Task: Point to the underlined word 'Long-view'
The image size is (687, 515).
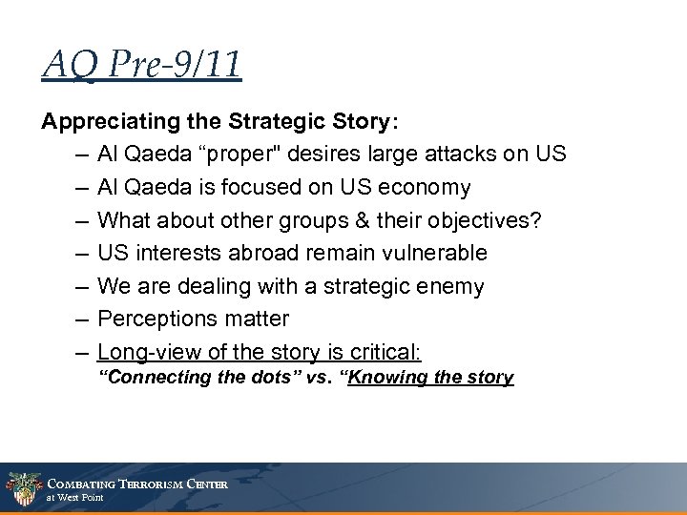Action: [x=142, y=351]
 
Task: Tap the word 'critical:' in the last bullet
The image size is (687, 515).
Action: [x=387, y=351]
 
